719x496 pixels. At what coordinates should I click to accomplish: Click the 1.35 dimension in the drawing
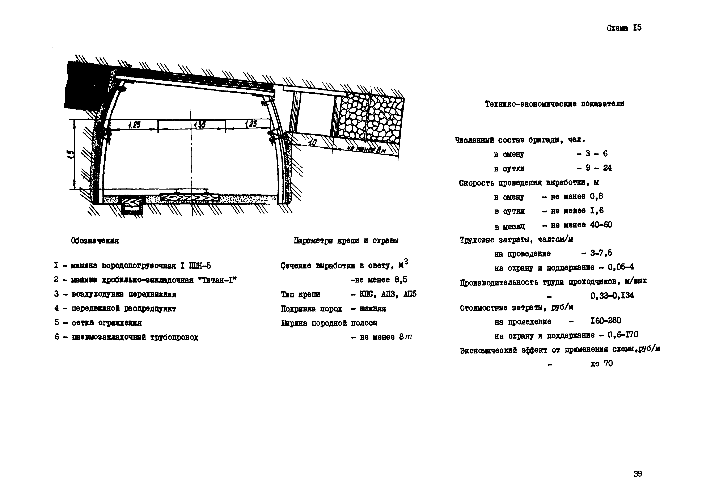pyautogui.click(x=199, y=125)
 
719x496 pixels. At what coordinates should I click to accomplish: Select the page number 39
pyautogui.click(x=638, y=474)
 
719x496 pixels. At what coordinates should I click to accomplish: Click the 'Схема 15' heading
pyautogui.click(x=624, y=28)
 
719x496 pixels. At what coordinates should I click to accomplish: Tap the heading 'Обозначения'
pyautogui.click(x=95, y=241)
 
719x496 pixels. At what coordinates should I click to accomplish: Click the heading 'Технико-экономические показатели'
pyautogui.click(x=554, y=104)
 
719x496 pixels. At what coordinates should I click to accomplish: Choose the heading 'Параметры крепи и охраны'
pyautogui.click(x=346, y=241)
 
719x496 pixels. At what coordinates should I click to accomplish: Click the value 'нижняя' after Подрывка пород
pyautogui.click(x=373, y=309)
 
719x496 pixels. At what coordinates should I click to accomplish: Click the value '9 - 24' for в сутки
pyautogui.click(x=599, y=168)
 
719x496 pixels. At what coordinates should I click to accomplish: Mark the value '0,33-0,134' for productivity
pyautogui.click(x=612, y=295)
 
